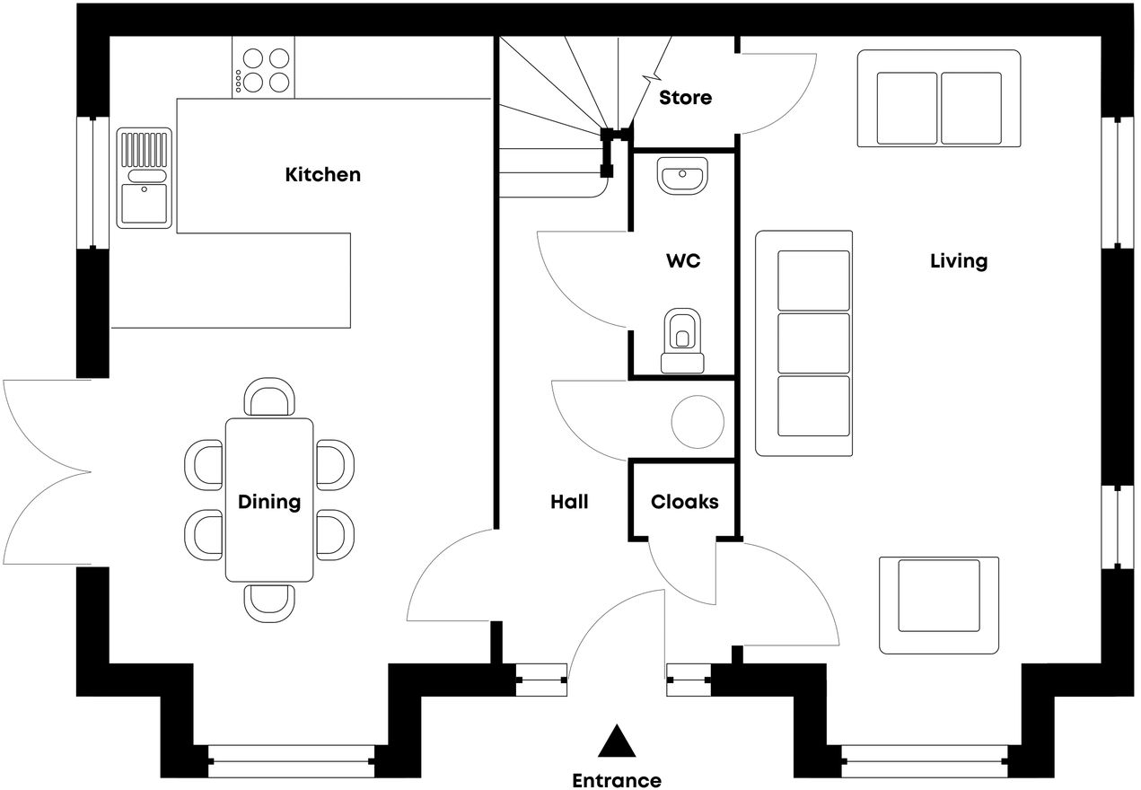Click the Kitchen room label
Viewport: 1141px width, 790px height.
(322, 174)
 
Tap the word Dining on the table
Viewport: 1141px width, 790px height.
(269, 502)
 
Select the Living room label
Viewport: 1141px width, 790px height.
(958, 261)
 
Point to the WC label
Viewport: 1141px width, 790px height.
(683, 262)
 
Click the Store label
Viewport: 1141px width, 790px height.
(685, 97)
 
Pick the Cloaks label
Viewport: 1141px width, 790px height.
(684, 502)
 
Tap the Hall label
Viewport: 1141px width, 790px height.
(569, 502)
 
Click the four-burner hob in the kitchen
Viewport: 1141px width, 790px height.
(264, 70)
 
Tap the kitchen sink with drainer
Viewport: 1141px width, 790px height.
(144, 177)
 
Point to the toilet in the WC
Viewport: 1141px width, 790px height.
(683, 341)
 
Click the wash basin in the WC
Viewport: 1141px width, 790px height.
(683, 175)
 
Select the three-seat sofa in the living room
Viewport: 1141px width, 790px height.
(803, 343)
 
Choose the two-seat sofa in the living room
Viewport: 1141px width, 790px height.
(939, 98)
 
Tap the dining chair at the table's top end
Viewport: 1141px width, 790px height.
(270, 398)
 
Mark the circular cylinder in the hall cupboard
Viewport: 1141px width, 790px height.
(698, 421)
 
